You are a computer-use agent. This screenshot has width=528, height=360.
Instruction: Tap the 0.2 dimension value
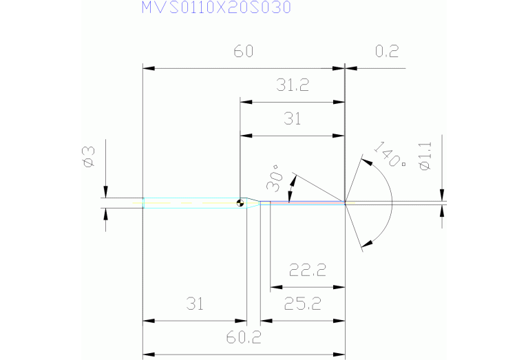coord(387,52)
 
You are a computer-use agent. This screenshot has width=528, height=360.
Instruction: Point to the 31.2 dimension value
coord(293,85)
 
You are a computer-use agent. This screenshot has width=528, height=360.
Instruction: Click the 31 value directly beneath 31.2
coord(293,119)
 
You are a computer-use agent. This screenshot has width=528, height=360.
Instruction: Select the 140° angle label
coord(389,156)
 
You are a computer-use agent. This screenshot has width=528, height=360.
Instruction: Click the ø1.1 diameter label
coord(425,156)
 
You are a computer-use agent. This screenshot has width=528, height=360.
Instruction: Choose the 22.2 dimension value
coord(306,271)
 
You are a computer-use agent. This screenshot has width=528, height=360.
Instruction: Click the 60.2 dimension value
coord(244,337)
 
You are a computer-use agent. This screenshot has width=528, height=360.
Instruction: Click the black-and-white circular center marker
coord(240,202)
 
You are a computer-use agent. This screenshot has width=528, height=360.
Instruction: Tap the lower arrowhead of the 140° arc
coord(367,242)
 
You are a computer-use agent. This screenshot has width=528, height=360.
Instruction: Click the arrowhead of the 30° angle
coord(294,182)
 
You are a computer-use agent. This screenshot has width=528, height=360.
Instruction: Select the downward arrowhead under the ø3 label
coord(106,192)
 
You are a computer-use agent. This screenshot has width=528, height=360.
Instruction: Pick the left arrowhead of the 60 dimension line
coord(147,68)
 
